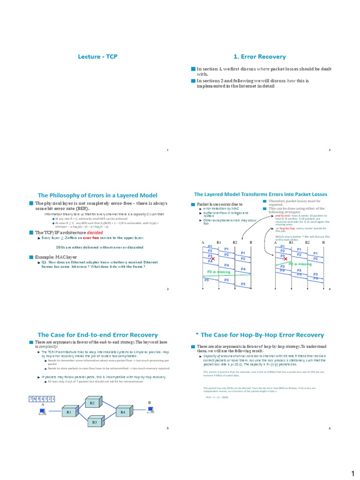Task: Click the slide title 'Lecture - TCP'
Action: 97,57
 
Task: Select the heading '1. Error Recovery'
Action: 263,57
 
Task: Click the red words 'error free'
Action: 91,239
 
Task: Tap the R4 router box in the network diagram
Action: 123,412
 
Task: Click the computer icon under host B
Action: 150,410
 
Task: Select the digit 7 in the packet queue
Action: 31,398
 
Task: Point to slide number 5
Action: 167,428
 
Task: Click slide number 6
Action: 330,428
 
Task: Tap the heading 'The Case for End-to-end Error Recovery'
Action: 97,335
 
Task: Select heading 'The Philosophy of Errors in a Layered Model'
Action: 97,195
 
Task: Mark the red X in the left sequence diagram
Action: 213,259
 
